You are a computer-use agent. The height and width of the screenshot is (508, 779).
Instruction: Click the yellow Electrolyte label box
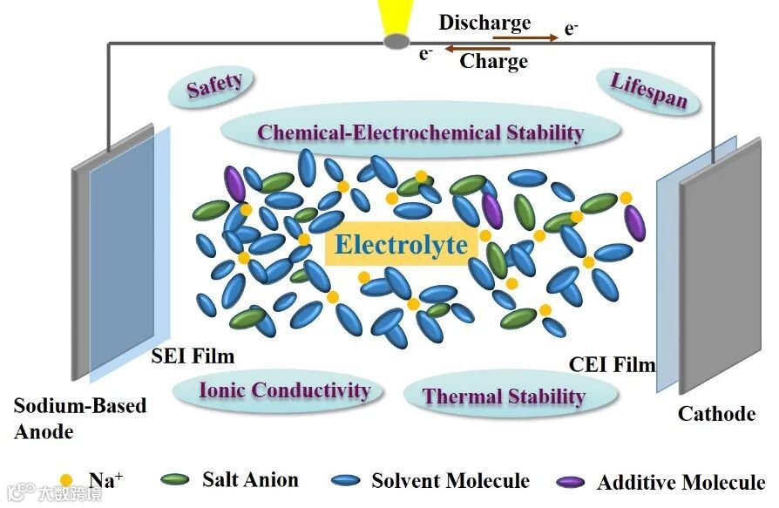[x=401, y=245]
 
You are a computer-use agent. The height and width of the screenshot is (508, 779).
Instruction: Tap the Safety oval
[x=214, y=85]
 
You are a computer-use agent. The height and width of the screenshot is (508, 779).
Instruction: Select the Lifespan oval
[x=647, y=91]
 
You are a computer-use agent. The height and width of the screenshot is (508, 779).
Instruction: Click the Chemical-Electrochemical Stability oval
[x=420, y=133]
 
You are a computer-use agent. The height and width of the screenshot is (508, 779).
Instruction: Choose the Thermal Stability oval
[x=504, y=396]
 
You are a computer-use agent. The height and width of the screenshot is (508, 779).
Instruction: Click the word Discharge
[x=484, y=23]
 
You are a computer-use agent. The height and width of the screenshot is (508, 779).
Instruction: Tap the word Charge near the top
[x=493, y=61]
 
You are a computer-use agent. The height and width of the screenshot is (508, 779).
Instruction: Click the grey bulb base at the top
[x=396, y=40]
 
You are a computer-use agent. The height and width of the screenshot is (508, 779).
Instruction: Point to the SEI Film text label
[x=193, y=356]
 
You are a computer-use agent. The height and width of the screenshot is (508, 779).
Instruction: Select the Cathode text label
[x=716, y=413]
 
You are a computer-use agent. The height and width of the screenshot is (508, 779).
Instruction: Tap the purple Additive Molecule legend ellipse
[x=570, y=481]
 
